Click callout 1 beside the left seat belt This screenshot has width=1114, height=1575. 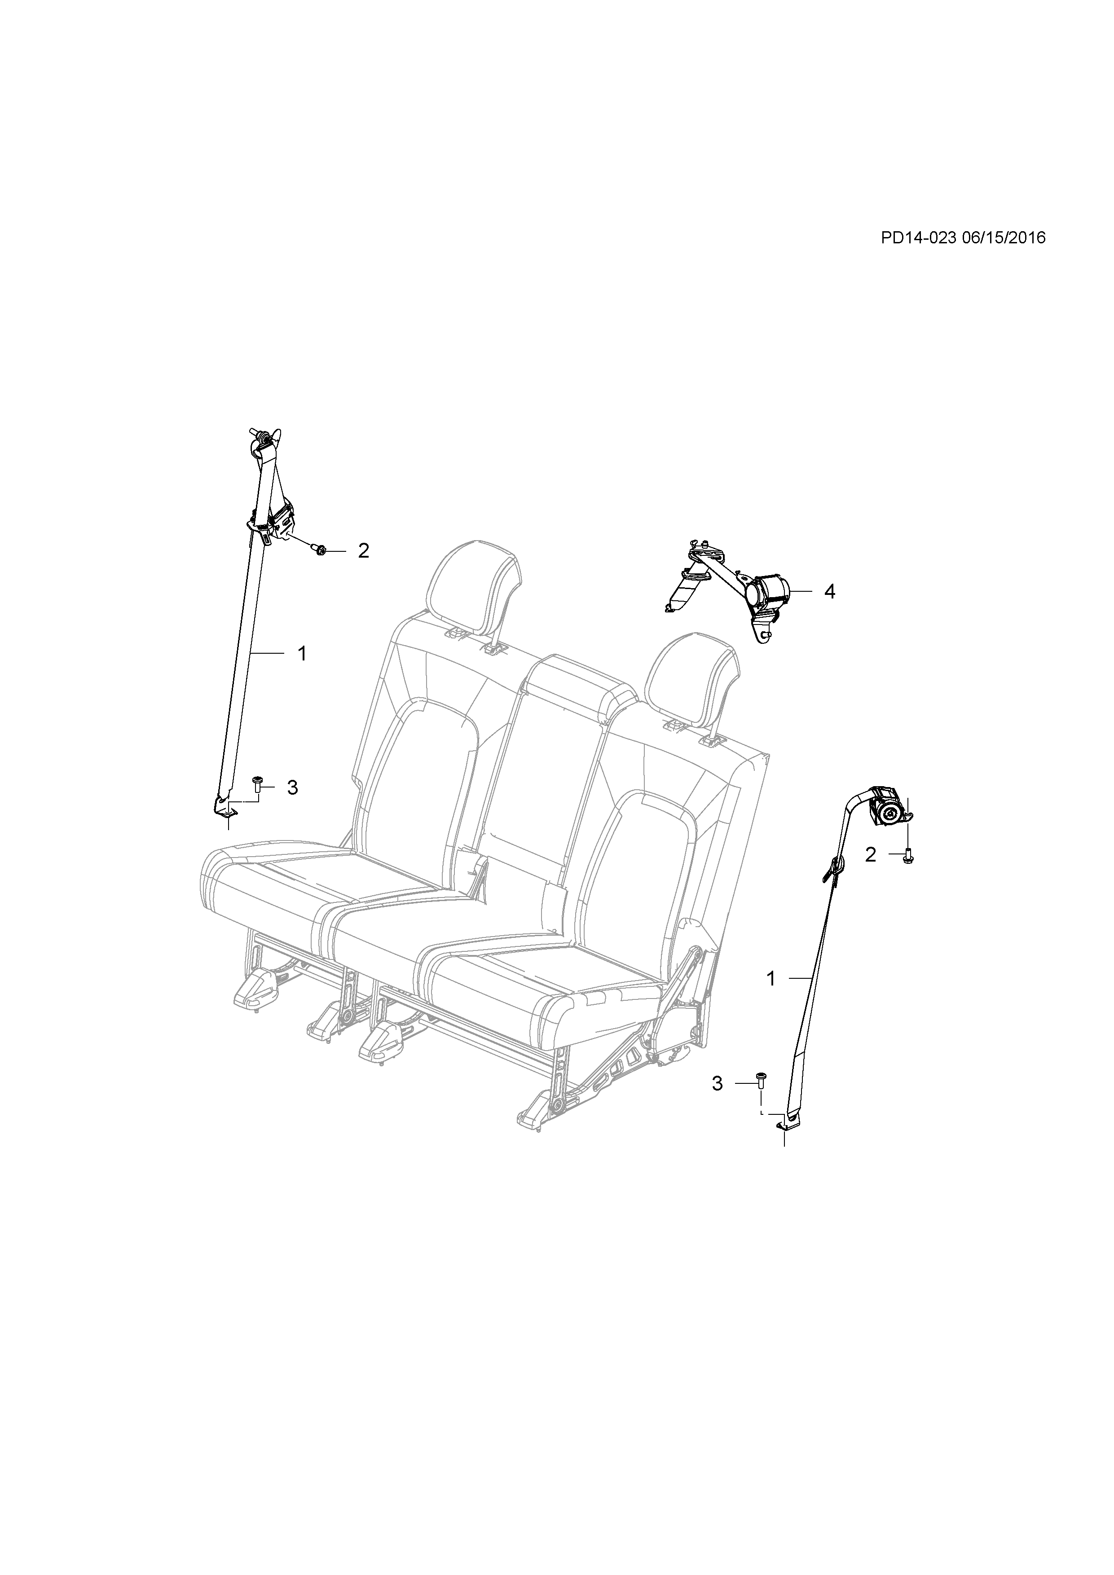(x=301, y=654)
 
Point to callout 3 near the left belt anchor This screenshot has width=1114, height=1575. (x=292, y=787)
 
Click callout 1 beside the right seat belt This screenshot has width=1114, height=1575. (x=771, y=978)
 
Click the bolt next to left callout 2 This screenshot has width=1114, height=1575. (x=320, y=549)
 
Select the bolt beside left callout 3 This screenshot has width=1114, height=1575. (x=258, y=785)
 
